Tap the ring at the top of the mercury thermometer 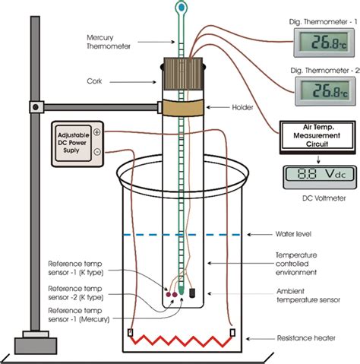[x=180, y=8]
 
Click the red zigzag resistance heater [x=181, y=335]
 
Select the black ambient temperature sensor [x=193, y=292]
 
